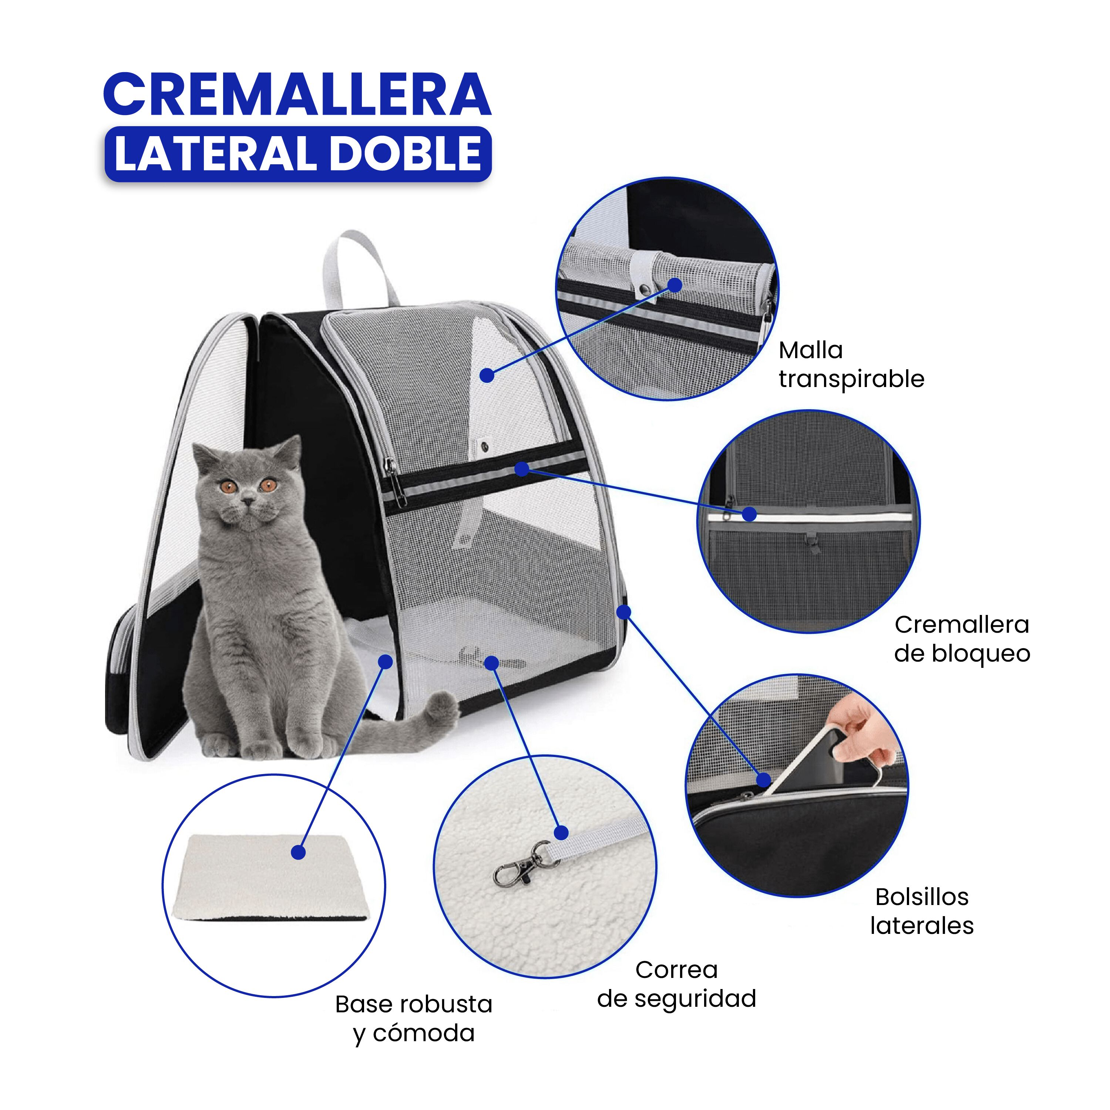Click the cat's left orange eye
(230, 488)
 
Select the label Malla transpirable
(851, 364)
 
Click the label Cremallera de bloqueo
(962, 639)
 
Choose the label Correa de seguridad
(676, 984)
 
